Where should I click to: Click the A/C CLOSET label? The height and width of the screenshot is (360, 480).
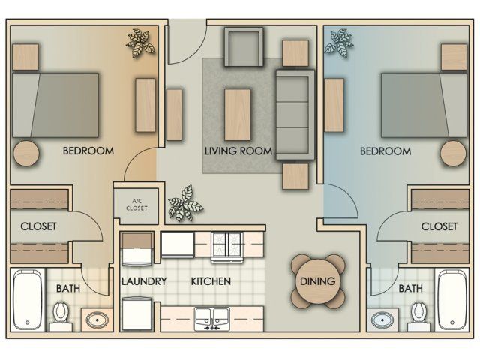point(136,205)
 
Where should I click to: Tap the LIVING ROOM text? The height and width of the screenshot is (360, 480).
point(238,151)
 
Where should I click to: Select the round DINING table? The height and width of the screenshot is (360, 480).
point(318,281)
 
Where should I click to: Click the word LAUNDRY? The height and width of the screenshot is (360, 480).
point(144,281)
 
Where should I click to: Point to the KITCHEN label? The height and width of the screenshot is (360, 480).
point(211,281)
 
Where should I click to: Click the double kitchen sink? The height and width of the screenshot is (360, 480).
point(212,319)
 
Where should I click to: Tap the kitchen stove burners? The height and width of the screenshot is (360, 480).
point(226,247)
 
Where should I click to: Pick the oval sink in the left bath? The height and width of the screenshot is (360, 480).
point(97,320)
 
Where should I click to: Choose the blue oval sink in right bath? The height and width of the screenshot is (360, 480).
point(382,320)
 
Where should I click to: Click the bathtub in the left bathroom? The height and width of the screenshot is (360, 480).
point(28,300)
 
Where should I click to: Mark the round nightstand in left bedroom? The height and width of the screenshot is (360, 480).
point(26,153)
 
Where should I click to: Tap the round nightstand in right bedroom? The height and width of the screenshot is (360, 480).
point(454,154)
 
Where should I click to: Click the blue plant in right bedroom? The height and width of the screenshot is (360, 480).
point(339,43)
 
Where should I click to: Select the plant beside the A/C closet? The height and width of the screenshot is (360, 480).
point(185,203)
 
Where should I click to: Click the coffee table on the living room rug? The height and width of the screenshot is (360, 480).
point(238,115)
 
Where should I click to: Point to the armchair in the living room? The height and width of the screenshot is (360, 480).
point(244,46)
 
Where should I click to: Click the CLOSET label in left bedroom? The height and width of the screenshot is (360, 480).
point(38,226)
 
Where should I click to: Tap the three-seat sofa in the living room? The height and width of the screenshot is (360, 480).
point(295,115)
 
